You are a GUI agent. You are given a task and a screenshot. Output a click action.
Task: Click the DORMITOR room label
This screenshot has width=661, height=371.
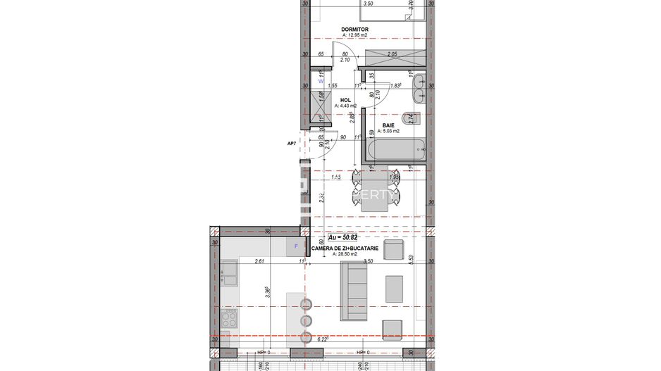pyautogui.click(x=355, y=30)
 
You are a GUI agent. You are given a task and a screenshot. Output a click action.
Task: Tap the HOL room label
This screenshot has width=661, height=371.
pyautogui.click(x=345, y=101)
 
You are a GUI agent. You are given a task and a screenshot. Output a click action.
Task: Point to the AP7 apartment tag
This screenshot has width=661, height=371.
pyautogui.click(x=291, y=144)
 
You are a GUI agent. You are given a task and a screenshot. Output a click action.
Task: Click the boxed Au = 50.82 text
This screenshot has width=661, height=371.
pyautogui.click(x=342, y=238)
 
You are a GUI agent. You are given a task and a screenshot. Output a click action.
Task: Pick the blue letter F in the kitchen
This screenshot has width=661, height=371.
pyautogui.click(x=296, y=246)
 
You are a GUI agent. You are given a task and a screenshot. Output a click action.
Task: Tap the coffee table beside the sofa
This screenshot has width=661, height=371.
pyautogui.click(x=394, y=289)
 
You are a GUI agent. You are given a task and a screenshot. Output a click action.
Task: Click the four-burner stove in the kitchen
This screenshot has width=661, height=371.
pyautogui.click(x=230, y=320)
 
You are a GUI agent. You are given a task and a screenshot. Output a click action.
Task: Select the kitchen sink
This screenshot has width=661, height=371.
pyautogui.click(x=230, y=272)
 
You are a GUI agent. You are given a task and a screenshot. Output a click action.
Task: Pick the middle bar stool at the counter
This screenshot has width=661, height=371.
pyautogui.click(x=307, y=320)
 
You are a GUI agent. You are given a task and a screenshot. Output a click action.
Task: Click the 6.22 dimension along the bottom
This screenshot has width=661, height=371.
pyautogui.click(x=323, y=339)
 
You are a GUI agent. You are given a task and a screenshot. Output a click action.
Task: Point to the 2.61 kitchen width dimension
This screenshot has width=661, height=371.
pyautogui.click(x=260, y=261)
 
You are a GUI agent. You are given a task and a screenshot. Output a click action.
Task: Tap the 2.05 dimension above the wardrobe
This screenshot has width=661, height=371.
pyautogui.click(x=393, y=54)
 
